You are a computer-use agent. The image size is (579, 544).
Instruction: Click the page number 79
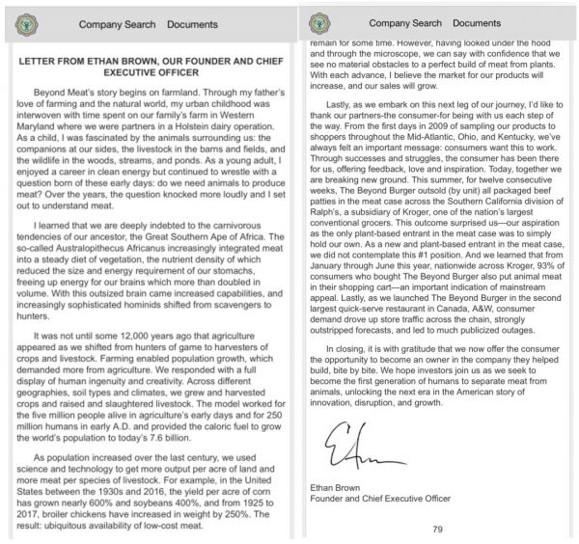437,529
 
